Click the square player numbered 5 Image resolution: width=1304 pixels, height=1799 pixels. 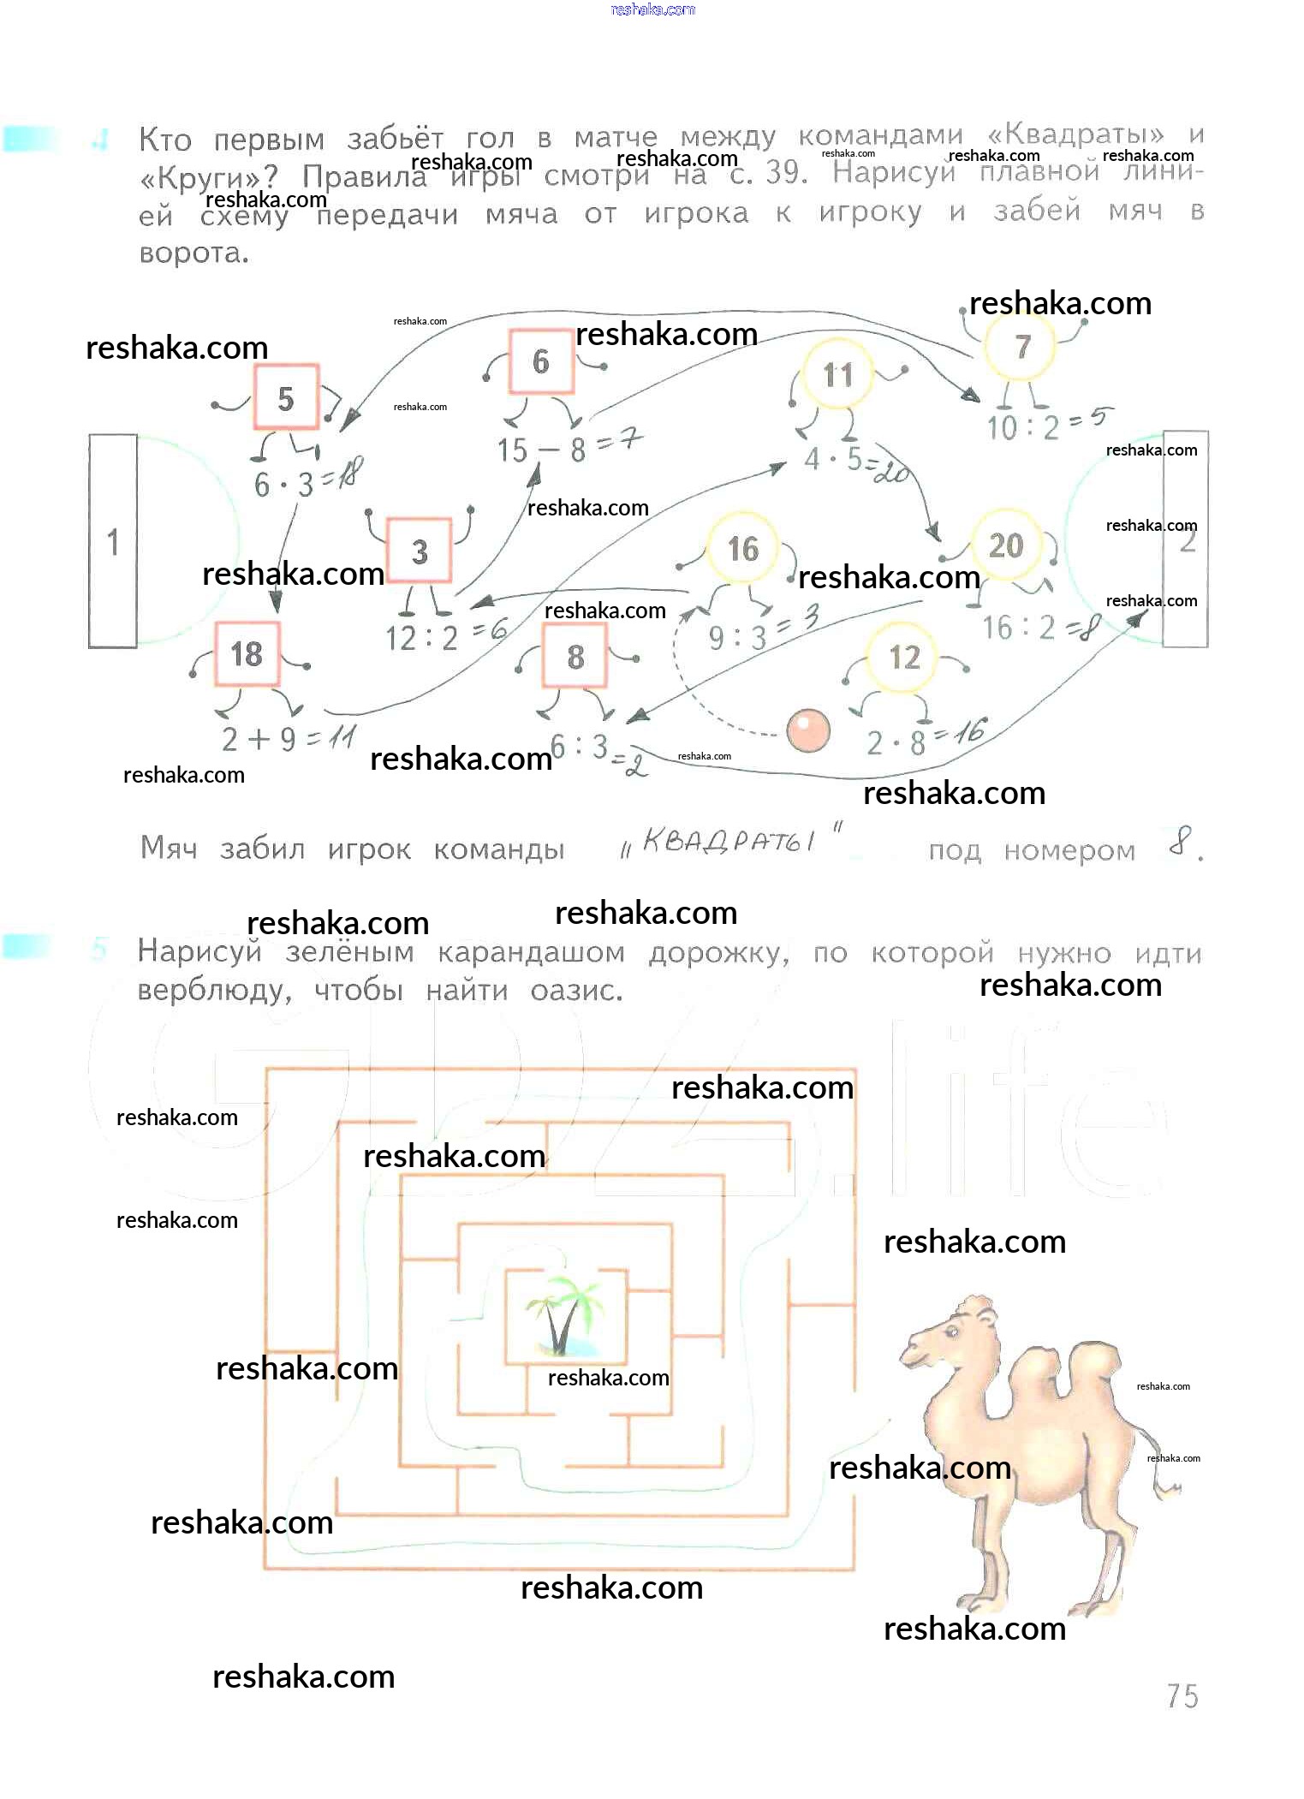[x=286, y=397]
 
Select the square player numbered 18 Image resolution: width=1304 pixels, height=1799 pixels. [x=247, y=654]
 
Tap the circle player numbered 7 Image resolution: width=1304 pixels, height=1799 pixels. [x=1021, y=346]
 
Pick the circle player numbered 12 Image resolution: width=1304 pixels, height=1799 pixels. [x=903, y=658]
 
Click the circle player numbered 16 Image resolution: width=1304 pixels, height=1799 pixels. [x=742, y=548]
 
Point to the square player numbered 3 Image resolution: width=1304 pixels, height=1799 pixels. [x=419, y=551]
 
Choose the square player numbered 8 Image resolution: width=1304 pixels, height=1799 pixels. [x=575, y=657]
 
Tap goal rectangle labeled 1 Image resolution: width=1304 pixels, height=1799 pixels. [x=113, y=541]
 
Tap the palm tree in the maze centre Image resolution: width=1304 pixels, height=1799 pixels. [x=561, y=1315]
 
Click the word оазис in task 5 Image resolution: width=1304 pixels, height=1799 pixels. [x=575, y=991]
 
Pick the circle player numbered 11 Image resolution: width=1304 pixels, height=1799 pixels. [x=837, y=374]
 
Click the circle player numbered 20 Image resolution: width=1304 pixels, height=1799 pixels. [x=1006, y=545]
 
